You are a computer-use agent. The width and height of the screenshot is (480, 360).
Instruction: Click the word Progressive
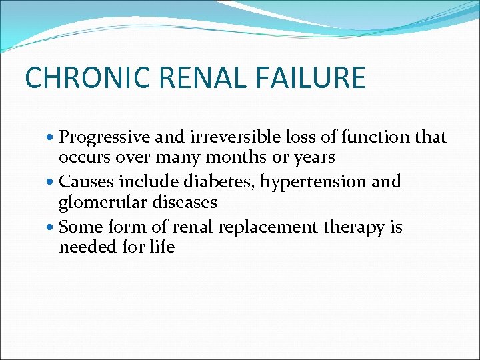click(x=105, y=137)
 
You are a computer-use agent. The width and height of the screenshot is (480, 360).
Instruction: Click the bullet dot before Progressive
click(x=52, y=138)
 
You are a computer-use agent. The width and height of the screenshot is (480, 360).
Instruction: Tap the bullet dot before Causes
click(x=52, y=182)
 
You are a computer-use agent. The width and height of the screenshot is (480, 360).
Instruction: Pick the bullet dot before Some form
click(x=52, y=228)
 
